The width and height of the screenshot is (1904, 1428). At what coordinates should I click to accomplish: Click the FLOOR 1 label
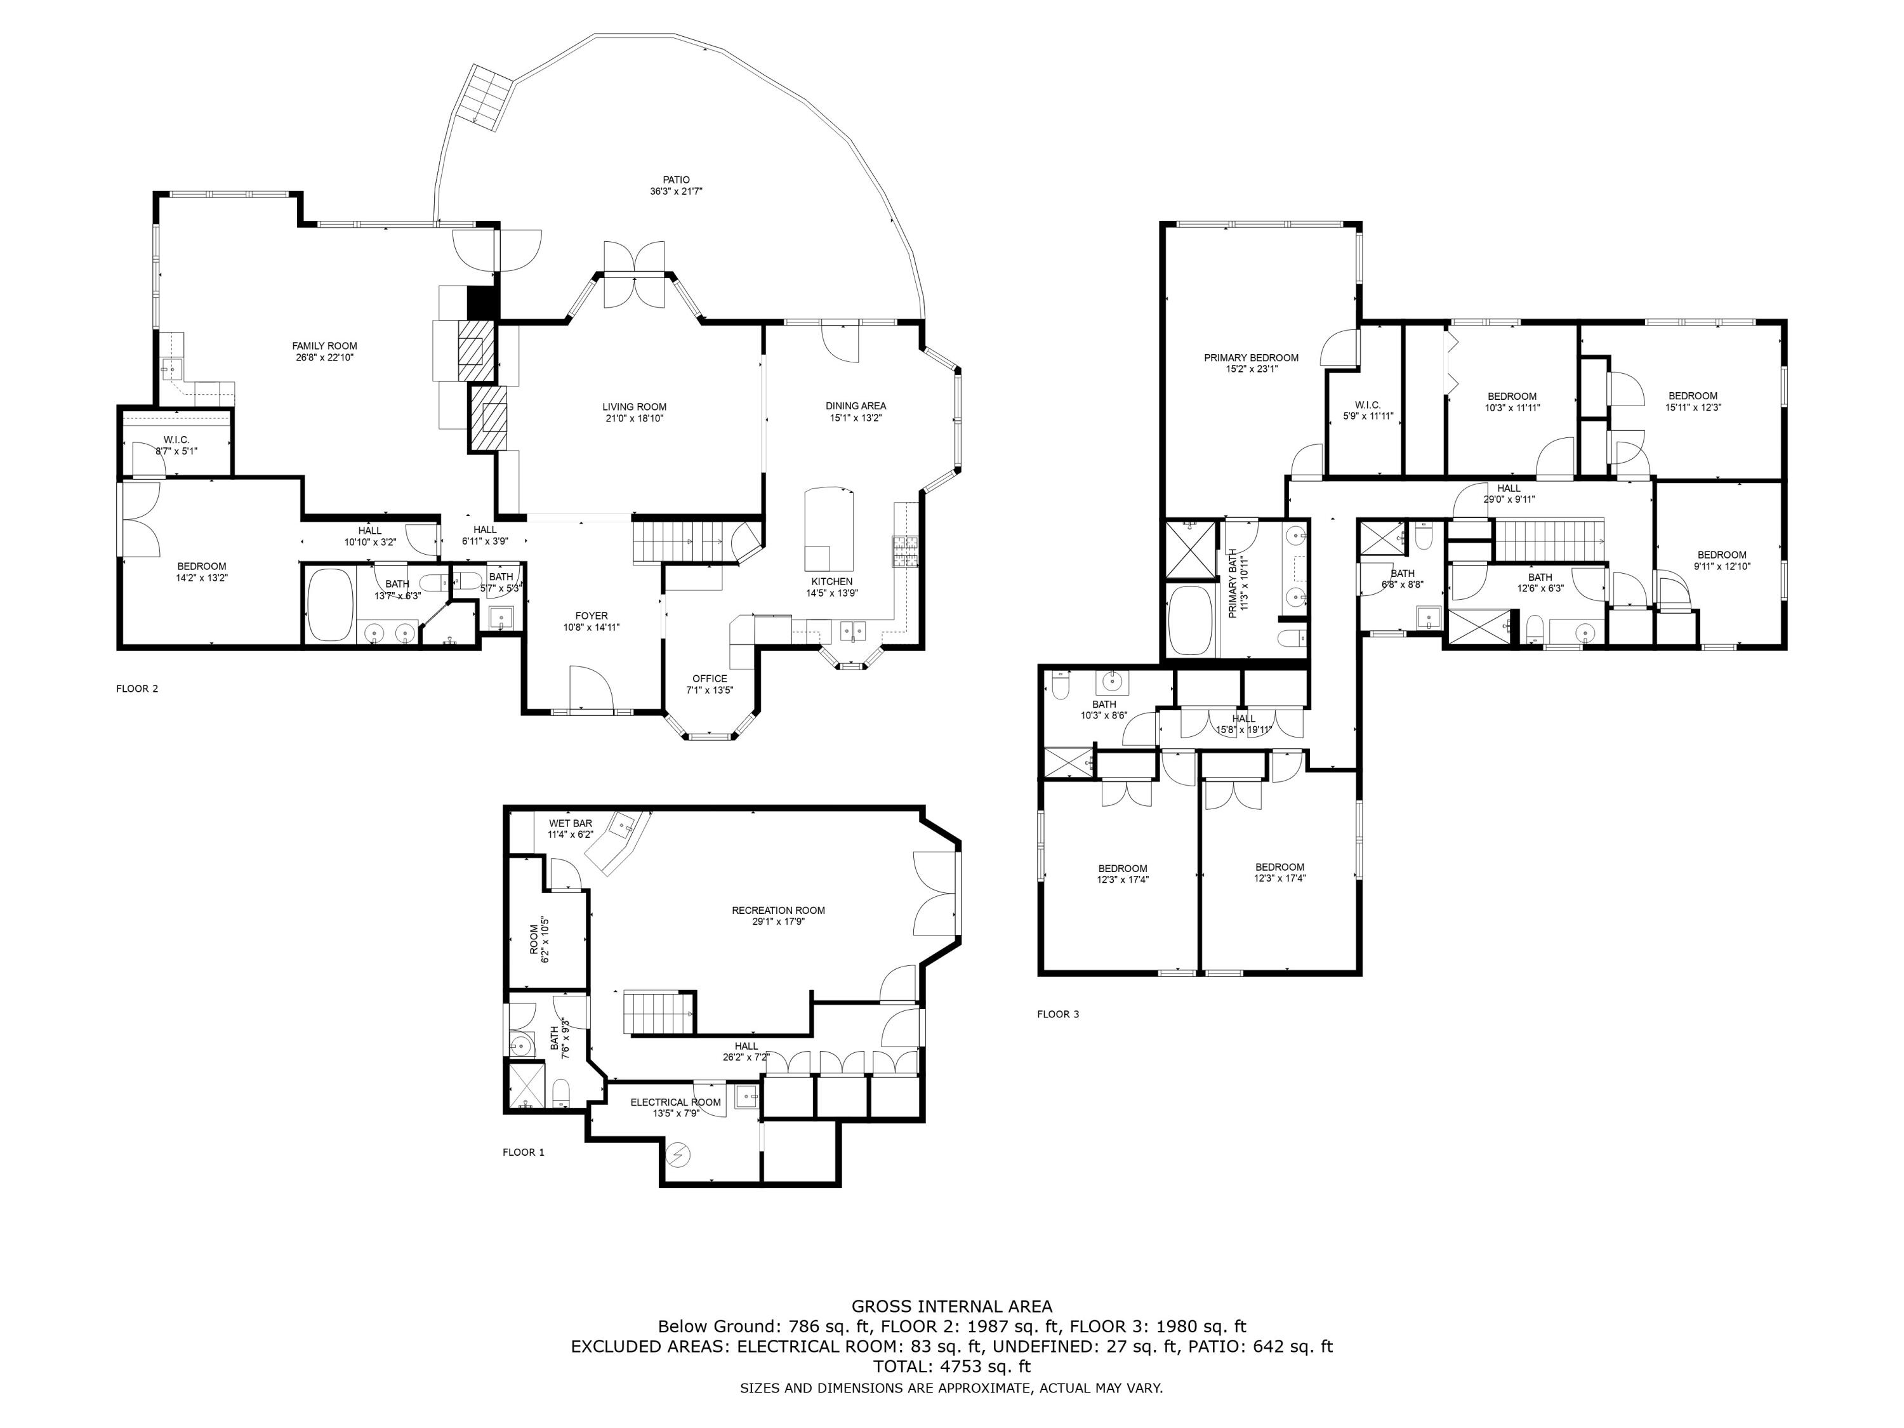pos(524,1152)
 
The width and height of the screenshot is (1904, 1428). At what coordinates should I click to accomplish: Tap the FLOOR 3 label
pos(1058,1014)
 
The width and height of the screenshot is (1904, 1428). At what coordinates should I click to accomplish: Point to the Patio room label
pos(677,180)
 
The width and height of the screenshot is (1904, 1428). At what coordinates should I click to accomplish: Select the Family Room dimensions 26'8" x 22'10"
pos(324,357)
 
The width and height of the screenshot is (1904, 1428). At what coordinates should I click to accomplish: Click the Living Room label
pos(635,407)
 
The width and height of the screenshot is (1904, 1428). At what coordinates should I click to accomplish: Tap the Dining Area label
pos(856,406)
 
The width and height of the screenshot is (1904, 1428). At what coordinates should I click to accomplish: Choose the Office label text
pos(710,678)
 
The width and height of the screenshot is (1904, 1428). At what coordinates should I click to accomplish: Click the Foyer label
pos(592,616)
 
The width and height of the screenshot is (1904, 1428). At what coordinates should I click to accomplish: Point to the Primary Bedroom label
pos(1251,358)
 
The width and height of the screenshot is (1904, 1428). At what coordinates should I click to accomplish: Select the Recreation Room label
pos(778,910)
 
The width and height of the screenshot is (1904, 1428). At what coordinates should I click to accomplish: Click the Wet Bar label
pos(571,824)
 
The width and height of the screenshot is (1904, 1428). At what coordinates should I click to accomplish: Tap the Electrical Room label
pos(676,1102)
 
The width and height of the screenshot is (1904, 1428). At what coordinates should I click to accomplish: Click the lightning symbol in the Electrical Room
pos(679,1153)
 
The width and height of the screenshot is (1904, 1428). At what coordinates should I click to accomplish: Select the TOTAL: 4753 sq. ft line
pos(951,1366)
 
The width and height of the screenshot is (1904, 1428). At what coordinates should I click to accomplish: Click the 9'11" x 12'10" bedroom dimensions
pos(1721,566)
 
